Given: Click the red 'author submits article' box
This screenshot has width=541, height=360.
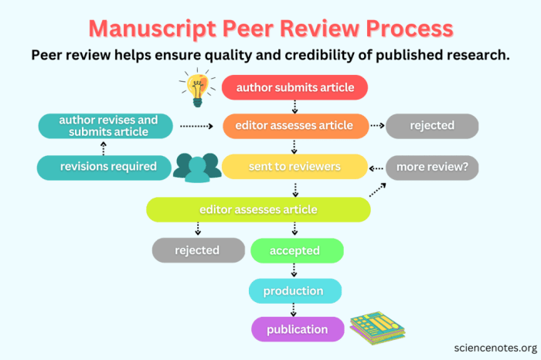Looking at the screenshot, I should click(294, 87).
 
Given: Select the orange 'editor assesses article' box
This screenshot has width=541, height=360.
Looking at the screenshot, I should click(294, 125).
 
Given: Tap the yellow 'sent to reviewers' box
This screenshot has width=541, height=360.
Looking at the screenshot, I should click(294, 166).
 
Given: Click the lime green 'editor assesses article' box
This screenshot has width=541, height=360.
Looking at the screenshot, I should click(258, 209).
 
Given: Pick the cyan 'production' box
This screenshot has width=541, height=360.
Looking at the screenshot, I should click(294, 290).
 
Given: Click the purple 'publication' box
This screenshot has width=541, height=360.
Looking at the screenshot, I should click(294, 330).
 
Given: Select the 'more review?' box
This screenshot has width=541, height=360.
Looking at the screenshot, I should click(432, 166).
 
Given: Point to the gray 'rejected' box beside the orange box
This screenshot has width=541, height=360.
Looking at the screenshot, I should click(432, 125).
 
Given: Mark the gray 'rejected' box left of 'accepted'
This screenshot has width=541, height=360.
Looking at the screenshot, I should click(198, 250).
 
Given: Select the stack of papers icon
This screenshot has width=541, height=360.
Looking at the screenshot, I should click(377, 328).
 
